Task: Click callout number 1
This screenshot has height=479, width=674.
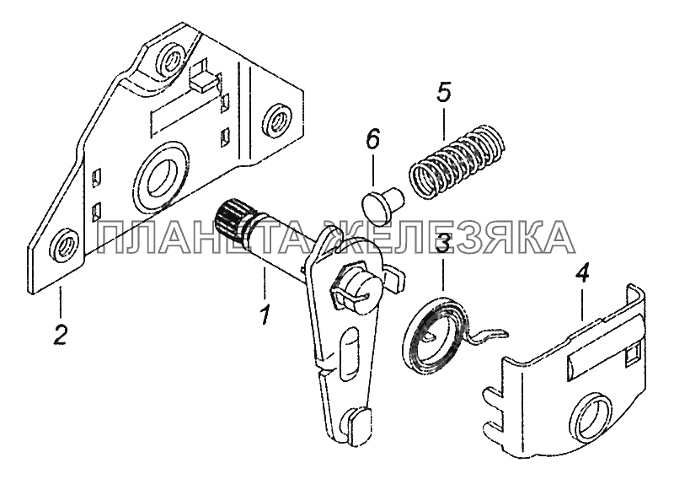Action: pos(265,315)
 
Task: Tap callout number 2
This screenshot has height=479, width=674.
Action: pos(60,334)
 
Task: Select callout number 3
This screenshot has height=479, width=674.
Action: pos(443,243)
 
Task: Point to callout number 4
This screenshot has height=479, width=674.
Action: pos(582,274)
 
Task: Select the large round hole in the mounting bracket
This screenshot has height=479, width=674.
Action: pos(161,175)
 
